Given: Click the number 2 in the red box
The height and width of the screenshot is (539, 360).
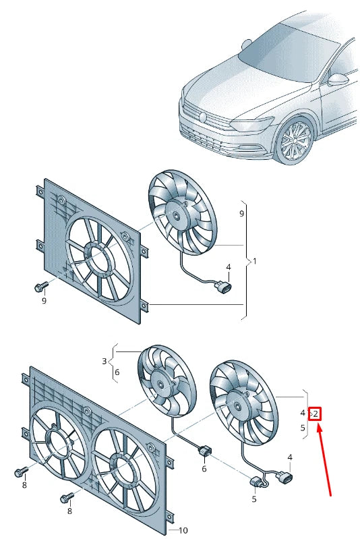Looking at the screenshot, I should pyautogui.click(x=316, y=413).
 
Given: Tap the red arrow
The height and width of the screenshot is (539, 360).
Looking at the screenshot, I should pyautogui.click(x=323, y=459).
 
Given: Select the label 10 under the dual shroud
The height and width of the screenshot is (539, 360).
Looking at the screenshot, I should pyautogui.click(x=183, y=530).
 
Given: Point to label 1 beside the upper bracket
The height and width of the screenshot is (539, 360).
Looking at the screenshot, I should pyautogui.click(x=254, y=260).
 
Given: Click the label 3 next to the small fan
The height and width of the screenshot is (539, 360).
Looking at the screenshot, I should pyautogui.click(x=104, y=362).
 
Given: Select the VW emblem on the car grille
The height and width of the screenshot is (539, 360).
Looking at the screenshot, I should pyautogui.click(x=202, y=117).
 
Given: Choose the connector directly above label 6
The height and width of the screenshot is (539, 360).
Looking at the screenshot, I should pyautogui.click(x=204, y=451).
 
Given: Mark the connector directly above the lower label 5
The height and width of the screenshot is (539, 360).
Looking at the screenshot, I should pyautogui.click(x=257, y=482).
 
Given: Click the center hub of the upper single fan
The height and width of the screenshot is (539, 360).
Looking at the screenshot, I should pyautogui.click(x=178, y=215).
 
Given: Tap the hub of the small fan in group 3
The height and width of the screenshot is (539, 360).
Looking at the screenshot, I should pyautogui.click(x=162, y=385).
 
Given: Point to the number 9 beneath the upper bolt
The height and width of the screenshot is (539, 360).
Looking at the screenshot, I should pyautogui.click(x=44, y=300).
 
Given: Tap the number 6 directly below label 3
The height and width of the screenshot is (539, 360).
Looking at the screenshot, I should pyautogui.click(x=117, y=372).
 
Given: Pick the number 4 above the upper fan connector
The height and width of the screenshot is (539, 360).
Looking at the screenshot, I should pyautogui.click(x=229, y=267).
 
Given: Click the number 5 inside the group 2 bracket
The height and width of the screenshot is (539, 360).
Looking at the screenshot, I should pyautogui.click(x=303, y=427).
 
